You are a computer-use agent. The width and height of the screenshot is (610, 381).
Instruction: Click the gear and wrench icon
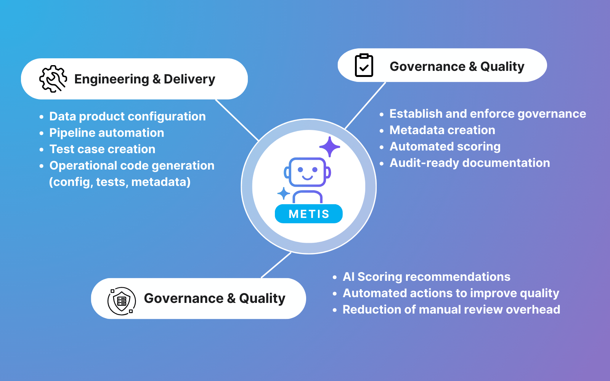[x=53, y=79]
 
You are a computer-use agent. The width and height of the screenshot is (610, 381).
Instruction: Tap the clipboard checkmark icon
[x=364, y=66]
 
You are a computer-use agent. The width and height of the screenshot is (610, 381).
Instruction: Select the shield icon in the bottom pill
[x=122, y=301]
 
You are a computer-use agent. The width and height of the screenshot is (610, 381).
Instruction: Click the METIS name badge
[x=309, y=214]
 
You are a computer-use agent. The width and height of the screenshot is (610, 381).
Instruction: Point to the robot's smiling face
[x=307, y=172]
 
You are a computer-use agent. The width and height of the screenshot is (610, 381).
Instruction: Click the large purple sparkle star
[x=329, y=147]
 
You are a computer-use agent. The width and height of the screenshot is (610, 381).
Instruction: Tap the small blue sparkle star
[x=283, y=194]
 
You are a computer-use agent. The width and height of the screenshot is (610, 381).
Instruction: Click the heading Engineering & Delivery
[x=144, y=79]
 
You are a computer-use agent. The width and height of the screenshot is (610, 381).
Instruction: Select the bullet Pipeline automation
[x=107, y=133]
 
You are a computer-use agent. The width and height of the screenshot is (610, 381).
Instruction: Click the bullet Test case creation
[x=102, y=149]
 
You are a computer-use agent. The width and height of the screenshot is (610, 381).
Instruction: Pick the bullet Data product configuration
[x=127, y=116]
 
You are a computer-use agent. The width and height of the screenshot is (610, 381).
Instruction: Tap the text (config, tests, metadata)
[x=120, y=182]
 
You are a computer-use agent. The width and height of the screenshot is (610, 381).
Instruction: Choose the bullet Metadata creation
[x=442, y=130]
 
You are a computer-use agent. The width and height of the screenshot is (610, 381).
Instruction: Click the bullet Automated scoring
[x=445, y=146]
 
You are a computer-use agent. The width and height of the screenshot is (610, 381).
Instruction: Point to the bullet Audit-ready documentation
[x=470, y=163]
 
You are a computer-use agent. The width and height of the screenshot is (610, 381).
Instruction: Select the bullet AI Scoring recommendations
[x=426, y=277]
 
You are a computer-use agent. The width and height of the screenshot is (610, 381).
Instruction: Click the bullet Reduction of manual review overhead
[x=451, y=309]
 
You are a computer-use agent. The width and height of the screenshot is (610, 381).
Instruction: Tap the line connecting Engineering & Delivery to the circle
[x=237, y=120]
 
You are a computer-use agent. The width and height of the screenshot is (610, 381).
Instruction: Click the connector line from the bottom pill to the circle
[x=276, y=265]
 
